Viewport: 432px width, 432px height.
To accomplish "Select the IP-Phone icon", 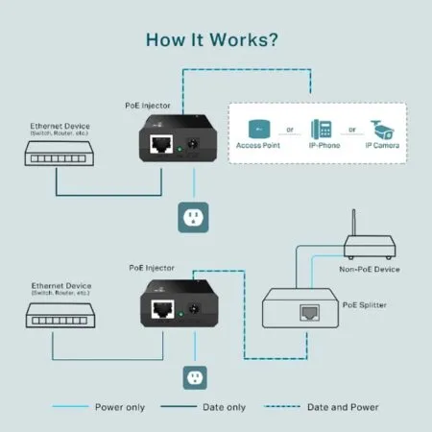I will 322,129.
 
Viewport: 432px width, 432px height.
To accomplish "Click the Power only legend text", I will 121,406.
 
